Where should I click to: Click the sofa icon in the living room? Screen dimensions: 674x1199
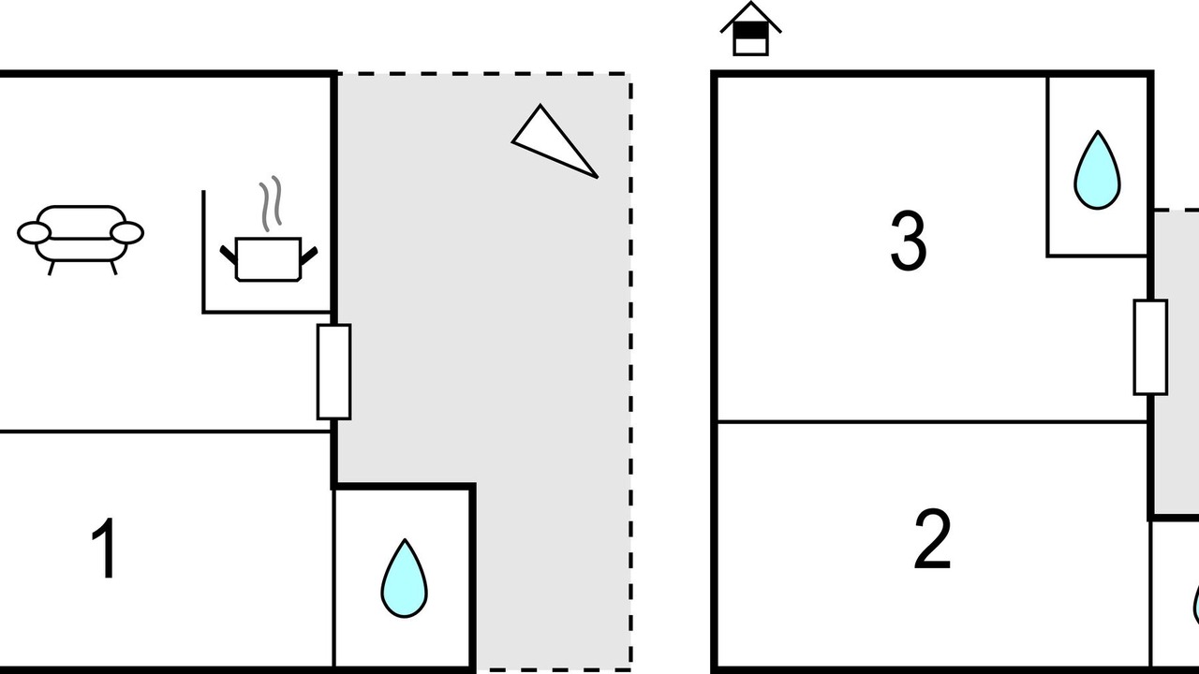point(81,234)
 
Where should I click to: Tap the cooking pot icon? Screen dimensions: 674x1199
point(268,258)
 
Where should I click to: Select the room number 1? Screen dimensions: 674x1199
point(105,549)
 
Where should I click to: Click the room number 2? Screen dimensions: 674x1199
point(932,540)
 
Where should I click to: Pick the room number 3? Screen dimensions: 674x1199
point(908,242)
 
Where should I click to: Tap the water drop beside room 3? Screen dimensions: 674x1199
point(1097,170)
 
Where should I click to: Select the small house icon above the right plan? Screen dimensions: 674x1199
point(750,29)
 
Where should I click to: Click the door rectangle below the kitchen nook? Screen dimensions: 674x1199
point(333,372)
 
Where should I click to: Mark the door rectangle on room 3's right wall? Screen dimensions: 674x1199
point(1150,347)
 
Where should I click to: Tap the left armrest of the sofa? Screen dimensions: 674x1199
point(34,233)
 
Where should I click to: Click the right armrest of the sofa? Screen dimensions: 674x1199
point(127,232)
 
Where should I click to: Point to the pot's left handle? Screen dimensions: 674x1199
point(229,254)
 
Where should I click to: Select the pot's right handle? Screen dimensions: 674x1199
point(308,254)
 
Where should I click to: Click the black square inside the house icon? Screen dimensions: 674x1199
point(750,30)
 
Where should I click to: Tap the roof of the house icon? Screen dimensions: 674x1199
point(750,13)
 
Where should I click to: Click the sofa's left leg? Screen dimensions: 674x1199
point(51,267)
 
